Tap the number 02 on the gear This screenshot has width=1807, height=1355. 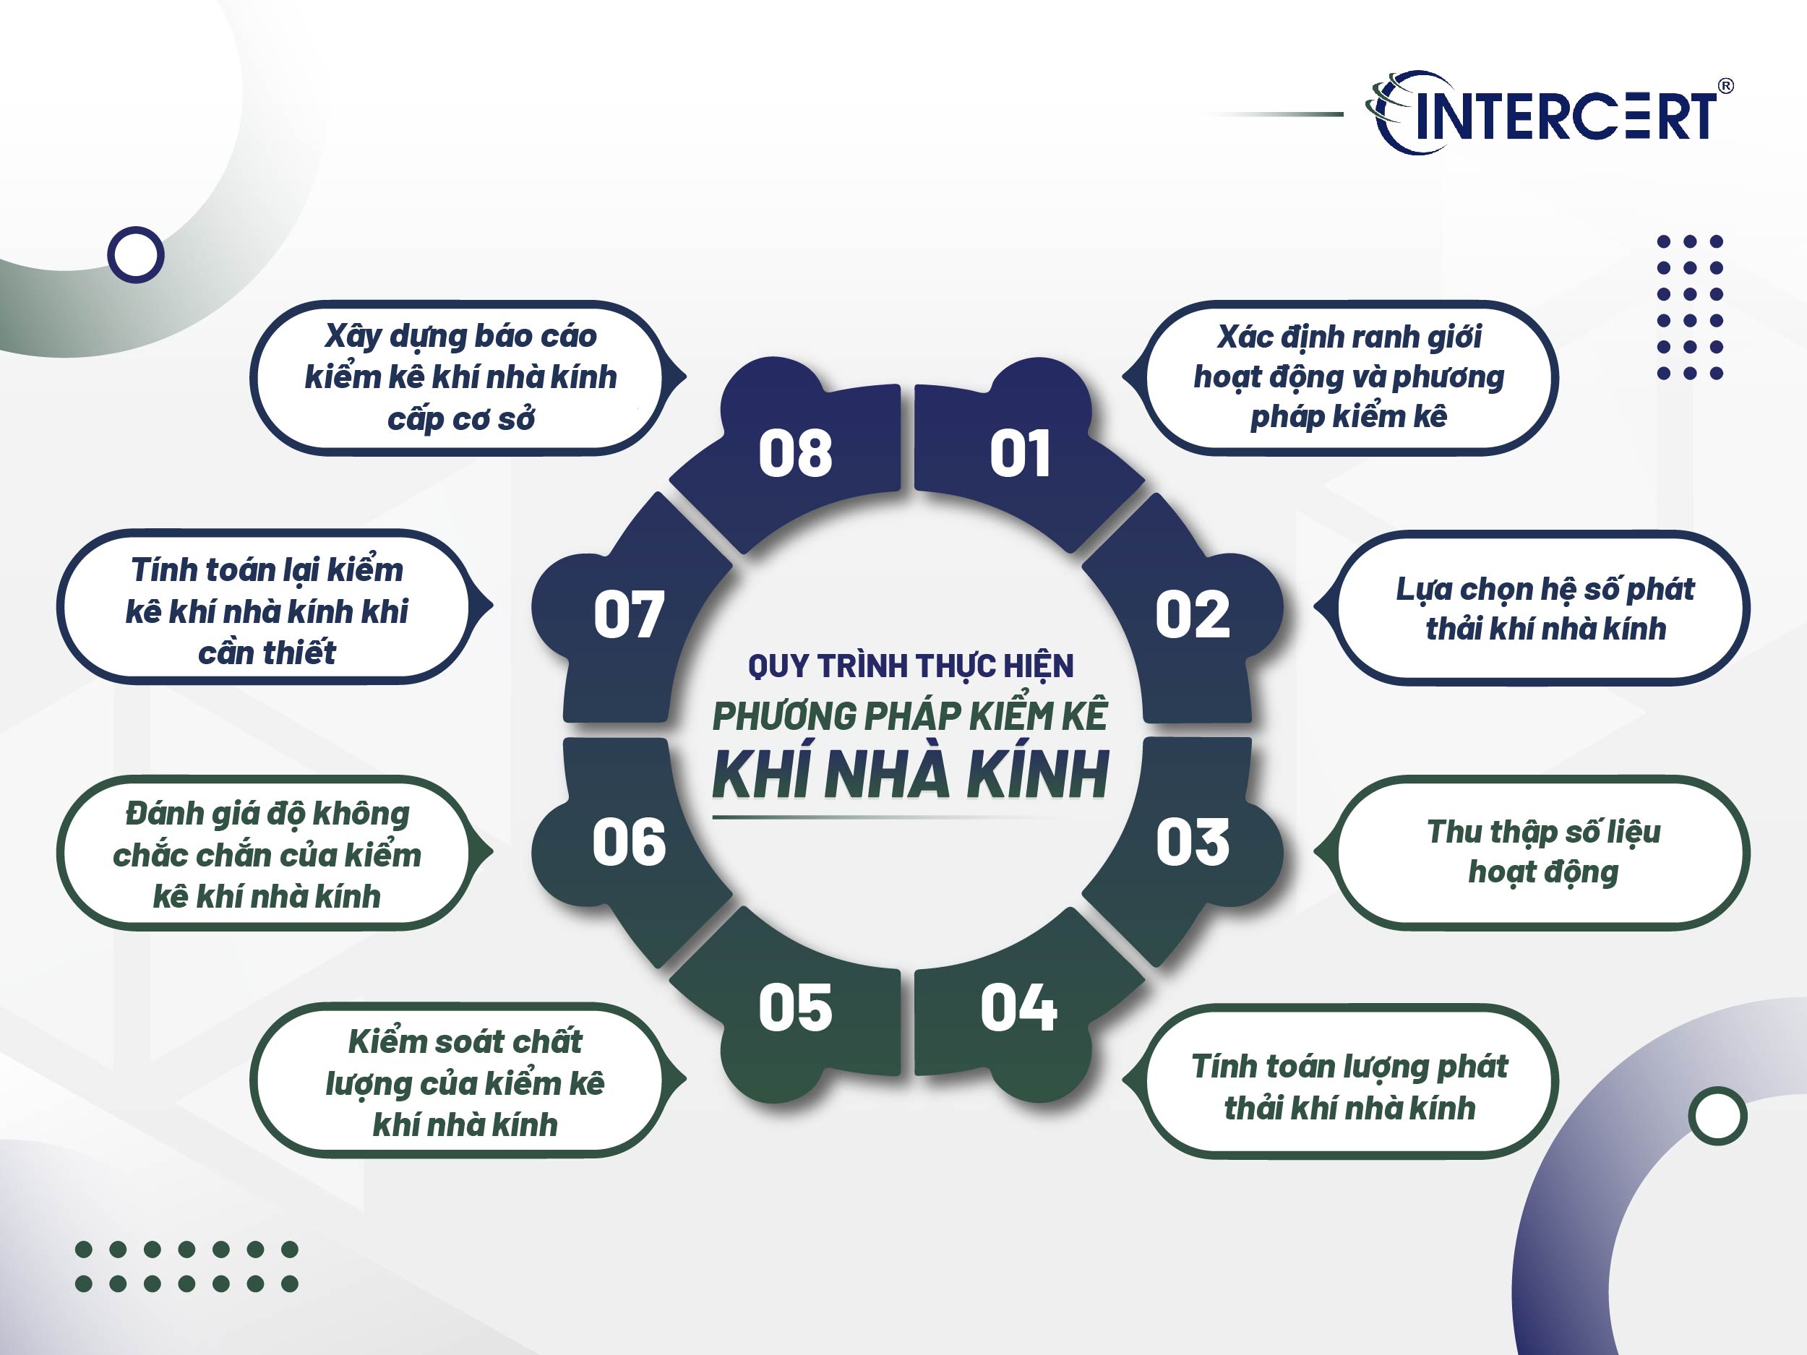pos(1192,614)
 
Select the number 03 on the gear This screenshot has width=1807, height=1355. pos(1192,842)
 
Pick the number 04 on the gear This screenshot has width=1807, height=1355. pos(1018,1007)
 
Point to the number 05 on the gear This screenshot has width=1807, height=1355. pos(795,1008)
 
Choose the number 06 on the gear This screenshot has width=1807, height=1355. pos(629,842)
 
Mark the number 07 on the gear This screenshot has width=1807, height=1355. pos(629,614)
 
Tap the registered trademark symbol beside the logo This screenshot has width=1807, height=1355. pos(1726,86)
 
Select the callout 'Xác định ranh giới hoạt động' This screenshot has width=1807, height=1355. pos(1349,377)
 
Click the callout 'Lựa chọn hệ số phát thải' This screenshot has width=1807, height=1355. pos(1544,608)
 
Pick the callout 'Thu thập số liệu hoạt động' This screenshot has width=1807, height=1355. pos(1544,852)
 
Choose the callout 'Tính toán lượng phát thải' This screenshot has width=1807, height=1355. pos(1349,1087)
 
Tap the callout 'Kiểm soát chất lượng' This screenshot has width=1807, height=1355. pos(464,1083)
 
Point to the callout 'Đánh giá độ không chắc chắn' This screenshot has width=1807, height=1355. pos(267,854)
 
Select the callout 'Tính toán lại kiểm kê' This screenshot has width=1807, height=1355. pos(267,610)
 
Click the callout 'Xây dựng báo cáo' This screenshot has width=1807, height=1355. pos(460,377)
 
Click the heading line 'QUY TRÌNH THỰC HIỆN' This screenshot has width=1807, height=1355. pos(911,666)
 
